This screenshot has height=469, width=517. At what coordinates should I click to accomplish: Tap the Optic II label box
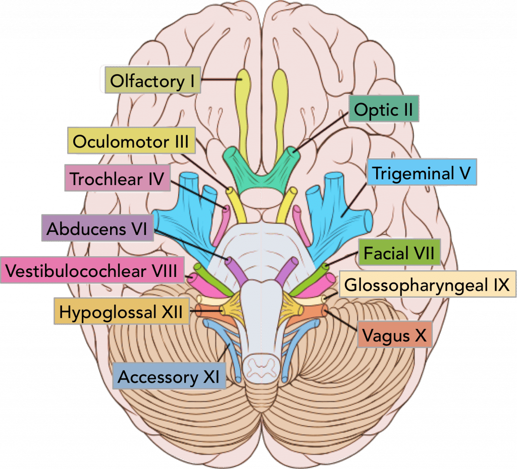384,110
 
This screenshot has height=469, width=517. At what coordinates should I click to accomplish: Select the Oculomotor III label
131,142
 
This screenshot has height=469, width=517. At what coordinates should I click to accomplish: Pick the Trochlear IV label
117,179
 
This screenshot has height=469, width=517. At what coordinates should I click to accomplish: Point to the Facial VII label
399,252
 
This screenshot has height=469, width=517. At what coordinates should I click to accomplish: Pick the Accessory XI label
169,377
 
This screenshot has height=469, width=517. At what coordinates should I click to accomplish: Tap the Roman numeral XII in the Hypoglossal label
172,312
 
